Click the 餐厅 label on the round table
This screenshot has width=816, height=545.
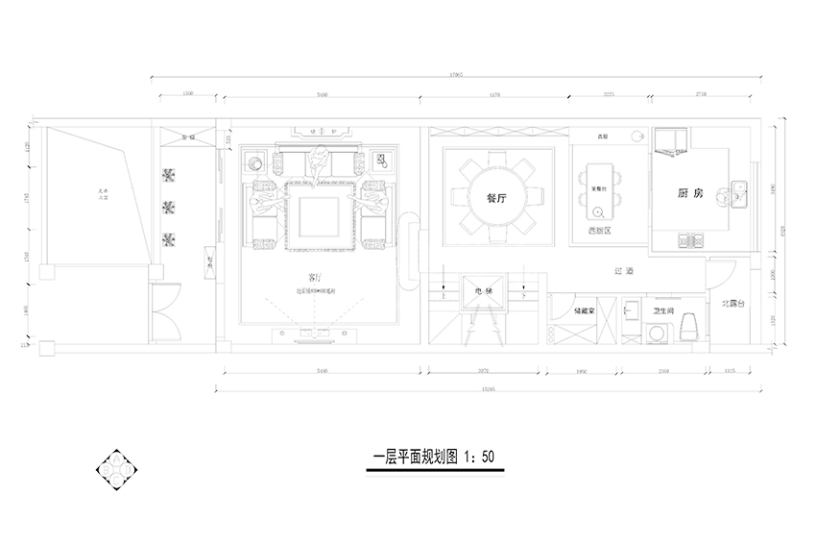point(496,195)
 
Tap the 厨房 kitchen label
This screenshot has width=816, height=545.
point(690,194)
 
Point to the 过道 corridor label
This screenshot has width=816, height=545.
point(624,272)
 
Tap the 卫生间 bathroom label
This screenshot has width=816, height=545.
point(662,311)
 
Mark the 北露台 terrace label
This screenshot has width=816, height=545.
point(734,304)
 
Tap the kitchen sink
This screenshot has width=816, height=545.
point(739,194)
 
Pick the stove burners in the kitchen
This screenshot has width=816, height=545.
point(690,239)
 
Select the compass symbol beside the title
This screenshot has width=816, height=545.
point(117,468)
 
